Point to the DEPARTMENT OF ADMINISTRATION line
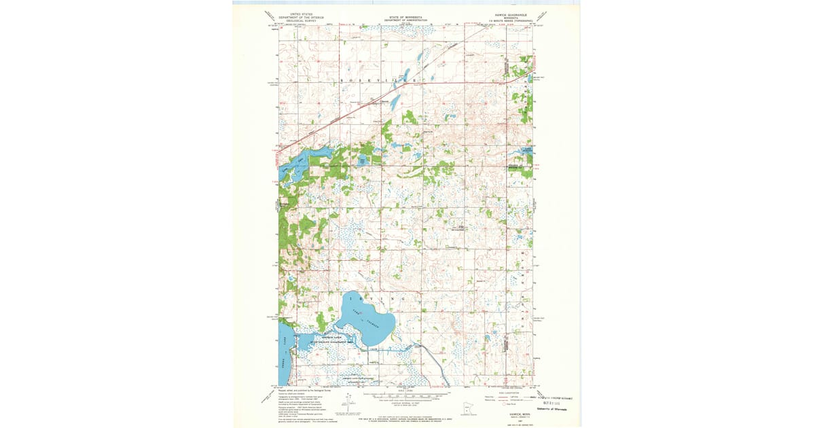pos(406,20)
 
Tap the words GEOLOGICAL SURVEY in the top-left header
pos(303,20)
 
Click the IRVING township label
pos(376,299)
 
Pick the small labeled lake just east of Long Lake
pos(362,160)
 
